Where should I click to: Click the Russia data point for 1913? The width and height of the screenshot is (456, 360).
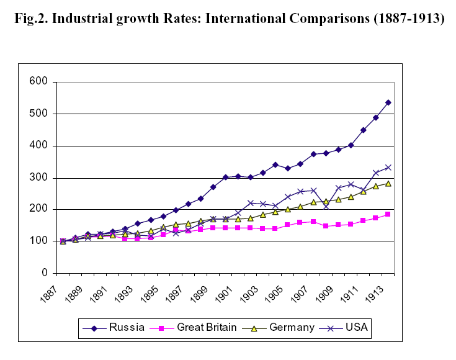(x=388, y=102)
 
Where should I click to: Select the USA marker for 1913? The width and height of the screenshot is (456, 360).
(x=388, y=168)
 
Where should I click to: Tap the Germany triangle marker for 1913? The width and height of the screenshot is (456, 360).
(x=388, y=183)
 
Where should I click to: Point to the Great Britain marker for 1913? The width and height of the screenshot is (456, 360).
(x=388, y=214)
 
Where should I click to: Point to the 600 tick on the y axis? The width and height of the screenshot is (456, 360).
(x=38, y=82)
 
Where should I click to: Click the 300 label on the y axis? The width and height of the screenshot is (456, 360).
(x=38, y=178)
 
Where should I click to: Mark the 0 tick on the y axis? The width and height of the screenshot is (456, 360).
(x=43, y=273)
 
